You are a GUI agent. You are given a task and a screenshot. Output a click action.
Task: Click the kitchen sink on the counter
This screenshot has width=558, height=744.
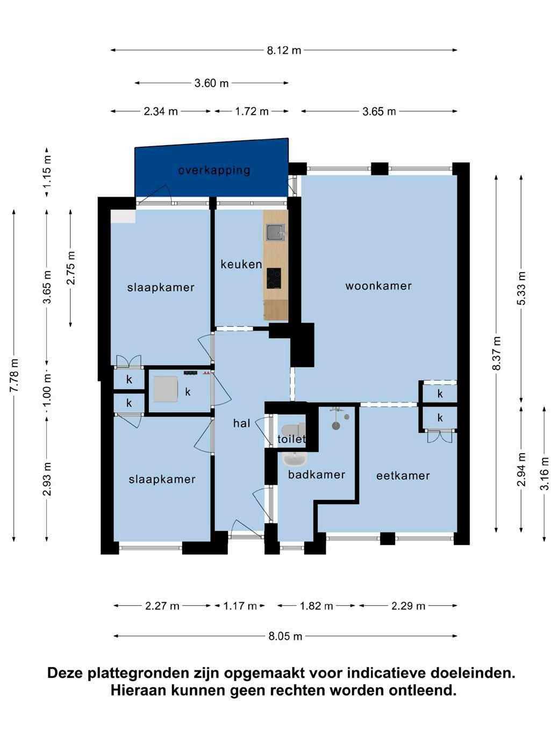tap(275, 232)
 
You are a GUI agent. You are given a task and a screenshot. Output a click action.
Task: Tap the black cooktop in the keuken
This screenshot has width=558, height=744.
tap(274, 278)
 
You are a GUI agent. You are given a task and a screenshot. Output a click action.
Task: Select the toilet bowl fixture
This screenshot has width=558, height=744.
tap(294, 430)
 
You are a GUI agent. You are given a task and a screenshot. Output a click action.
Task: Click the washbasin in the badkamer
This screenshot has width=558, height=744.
tap(295, 459)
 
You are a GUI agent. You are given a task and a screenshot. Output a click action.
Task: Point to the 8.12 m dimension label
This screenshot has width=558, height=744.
tap(284, 51)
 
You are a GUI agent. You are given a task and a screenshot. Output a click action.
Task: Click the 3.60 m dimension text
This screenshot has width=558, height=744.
tap(211, 83)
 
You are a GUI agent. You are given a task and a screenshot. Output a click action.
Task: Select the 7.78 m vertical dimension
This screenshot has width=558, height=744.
tap(14, 375)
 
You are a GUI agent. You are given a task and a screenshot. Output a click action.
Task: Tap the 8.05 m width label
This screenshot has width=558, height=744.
tap(285, 636)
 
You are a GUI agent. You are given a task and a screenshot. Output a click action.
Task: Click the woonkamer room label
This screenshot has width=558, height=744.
tap(378, 286)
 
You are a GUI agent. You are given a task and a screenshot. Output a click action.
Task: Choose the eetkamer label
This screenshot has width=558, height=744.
tap(403, 476)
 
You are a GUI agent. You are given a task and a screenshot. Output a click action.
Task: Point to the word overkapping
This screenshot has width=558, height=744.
tap(214, 170)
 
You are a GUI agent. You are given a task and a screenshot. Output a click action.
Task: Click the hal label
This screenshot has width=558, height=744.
tap(241, 423)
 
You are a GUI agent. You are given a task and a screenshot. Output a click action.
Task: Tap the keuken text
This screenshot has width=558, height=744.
tap(241, 264)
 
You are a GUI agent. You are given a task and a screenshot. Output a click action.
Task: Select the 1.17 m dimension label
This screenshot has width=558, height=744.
tap(240, 606)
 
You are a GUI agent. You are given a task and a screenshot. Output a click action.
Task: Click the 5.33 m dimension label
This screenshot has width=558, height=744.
tap(521, 288)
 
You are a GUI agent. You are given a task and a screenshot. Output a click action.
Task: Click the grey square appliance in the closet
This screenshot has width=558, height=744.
tap(166, 389)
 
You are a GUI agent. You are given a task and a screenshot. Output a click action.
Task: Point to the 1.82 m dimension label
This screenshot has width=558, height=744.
tap(317, 606)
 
